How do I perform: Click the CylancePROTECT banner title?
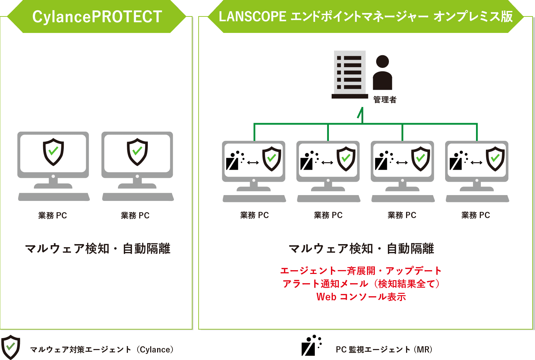(97, 17)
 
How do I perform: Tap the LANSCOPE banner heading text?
(366, 16)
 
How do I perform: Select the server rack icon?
(350, 74)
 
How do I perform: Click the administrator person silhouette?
(382, 72)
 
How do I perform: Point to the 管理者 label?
(385, 99)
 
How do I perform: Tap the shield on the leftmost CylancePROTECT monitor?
(53, 152)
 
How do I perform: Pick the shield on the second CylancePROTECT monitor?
(137, 152)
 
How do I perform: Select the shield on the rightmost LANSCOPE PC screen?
(495, 159)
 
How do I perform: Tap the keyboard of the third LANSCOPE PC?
(403, 199)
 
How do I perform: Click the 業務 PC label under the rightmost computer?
(476, 215)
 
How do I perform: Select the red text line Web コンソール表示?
(361, 297)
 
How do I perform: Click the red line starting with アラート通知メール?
(361, 284)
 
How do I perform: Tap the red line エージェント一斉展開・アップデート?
(361, 271)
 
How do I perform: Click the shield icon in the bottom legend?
(11, 347)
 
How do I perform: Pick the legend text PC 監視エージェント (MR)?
(384, 349)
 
